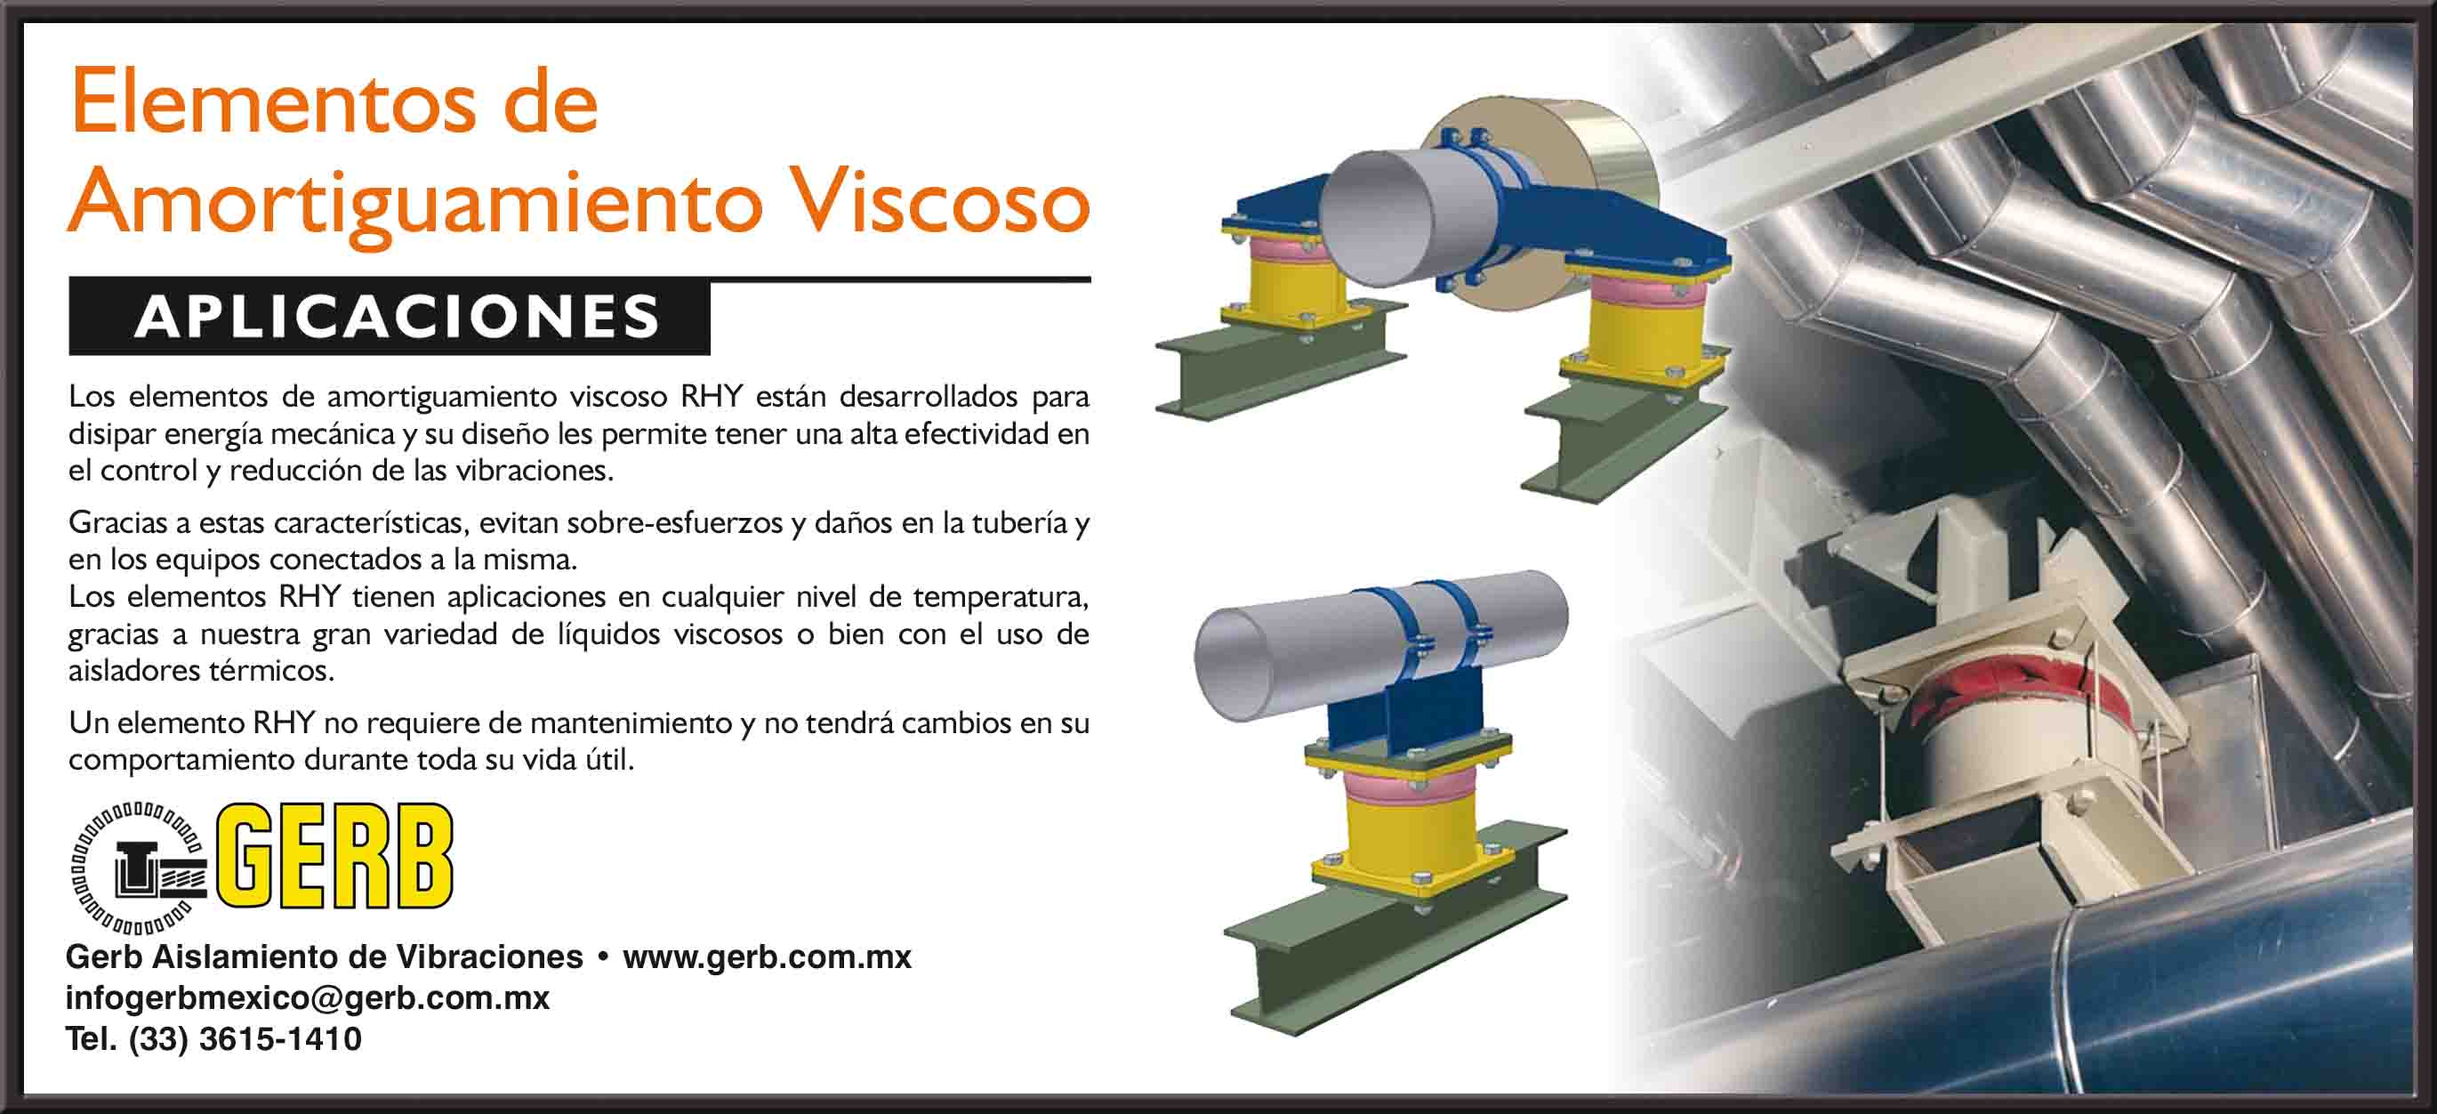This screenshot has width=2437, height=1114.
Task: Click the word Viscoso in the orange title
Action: click(939, 201)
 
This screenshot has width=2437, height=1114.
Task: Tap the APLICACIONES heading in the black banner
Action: click(398, 316)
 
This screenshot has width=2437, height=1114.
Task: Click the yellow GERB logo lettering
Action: click(335, 856)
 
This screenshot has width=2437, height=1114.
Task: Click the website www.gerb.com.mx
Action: click(767, 957)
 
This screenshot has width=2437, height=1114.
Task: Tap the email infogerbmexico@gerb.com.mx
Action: click(308, 997)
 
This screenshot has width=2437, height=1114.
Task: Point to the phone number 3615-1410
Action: click(280, 1039)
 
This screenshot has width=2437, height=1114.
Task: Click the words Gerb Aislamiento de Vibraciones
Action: click(324, 957)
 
